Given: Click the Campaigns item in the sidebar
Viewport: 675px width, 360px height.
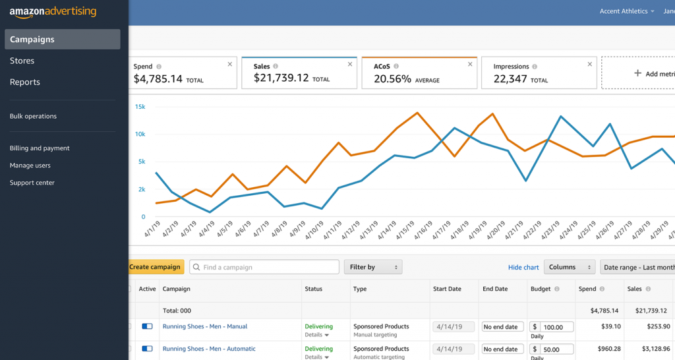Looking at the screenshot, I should tap(62, 40).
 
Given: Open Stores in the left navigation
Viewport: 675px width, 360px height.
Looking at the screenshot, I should tap(22, 61).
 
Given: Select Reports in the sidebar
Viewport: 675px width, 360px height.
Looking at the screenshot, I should tap(25, 82).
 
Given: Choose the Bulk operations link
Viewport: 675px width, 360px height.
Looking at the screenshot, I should tap(33, 116).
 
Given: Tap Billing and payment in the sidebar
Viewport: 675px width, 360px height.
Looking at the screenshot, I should tap(40, 148).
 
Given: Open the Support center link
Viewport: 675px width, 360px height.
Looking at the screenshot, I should tap(32, 183).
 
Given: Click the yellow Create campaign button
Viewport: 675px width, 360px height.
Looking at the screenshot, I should tap(155, 267).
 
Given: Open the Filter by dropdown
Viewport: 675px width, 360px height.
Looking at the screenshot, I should tap(373, 267).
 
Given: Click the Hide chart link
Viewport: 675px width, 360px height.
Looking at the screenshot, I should tap(523, 267).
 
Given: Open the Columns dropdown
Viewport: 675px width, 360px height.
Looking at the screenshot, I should tap(570, 267).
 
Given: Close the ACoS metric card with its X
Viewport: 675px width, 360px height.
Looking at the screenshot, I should tap(470, 64).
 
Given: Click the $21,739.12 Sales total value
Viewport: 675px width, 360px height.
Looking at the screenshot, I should tap(281, 78).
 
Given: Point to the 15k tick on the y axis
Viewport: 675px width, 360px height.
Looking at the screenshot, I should tap(140, 107).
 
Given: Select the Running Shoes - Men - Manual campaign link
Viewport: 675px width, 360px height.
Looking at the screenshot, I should tap(205, 326).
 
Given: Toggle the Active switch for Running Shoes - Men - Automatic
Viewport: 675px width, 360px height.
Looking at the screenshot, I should tap(147, 349).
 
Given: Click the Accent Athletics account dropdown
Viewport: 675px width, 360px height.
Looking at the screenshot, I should tap(627, 11).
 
